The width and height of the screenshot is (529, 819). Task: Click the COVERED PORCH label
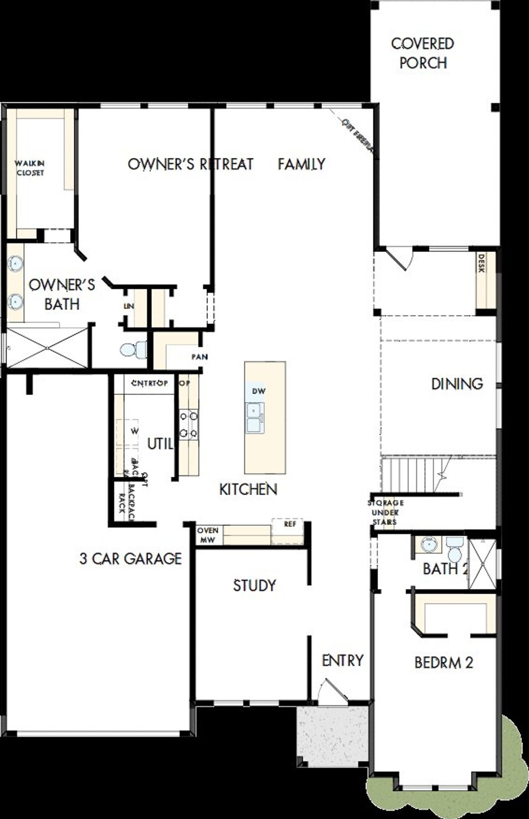tap(423, 53)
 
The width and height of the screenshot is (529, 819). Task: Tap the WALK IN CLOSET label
tap(30, 168)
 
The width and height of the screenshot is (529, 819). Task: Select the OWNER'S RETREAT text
tap(190, 164)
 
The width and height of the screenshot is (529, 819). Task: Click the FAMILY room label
tap(301, 164)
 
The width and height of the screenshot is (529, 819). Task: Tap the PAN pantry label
tap(200, 357)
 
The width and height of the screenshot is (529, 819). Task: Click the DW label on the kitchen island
tap(259, 391)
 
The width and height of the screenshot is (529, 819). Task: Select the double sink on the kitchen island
tap(254, 418)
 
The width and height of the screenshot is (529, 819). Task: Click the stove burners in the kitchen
tap(188, 424)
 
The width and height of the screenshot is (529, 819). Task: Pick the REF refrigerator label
tap(290, 524)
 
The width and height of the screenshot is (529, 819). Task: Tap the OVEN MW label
tap(207, 535)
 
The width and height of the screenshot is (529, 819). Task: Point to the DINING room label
tap(457, 384)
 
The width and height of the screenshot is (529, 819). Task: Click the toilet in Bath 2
tap(455, 549)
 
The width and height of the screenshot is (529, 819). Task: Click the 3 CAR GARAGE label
tap(130, 559)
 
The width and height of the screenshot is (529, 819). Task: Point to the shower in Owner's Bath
tap(47, 348)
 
